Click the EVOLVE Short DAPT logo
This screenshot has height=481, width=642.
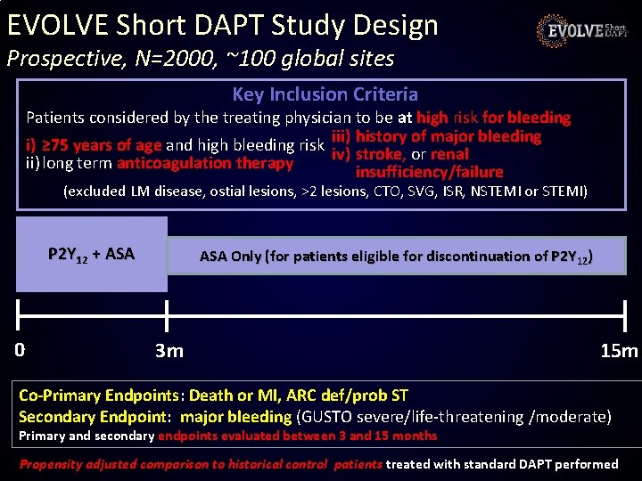coord(583,31)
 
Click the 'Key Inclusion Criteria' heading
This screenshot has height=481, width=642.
coord(325,94)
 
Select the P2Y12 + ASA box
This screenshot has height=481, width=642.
coord(91,254)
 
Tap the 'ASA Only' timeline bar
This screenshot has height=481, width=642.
coord(396,256)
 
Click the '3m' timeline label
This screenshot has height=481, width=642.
coord(169,350)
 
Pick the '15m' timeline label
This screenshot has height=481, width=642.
coord(619,350)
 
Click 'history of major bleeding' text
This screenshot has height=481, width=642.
coord(448,136)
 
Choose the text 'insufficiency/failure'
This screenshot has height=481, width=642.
coord(429,172)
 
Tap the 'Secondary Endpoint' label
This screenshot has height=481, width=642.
coord(95,416)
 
